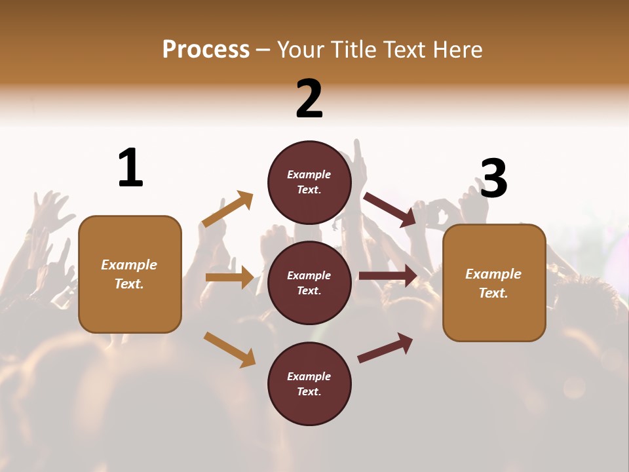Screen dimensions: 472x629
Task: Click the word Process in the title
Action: pyautogui.click(x=206, y=49)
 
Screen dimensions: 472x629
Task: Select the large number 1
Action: pyautogui.click(x=130, y=168)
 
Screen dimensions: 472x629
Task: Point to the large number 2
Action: pyautogui.click(x=309, y=99)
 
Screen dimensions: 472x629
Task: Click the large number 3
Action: pyautogui.click(x=493, y=179)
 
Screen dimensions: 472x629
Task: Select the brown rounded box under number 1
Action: pyautogui.click(x=130, y=274)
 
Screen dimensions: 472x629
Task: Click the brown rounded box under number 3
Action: pyautogui.click(x=494, y=283)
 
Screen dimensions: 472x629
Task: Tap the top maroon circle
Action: pyautogui.click(x=309, y=182)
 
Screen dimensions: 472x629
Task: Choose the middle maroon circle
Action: pyautogui.click(x=309, y=283)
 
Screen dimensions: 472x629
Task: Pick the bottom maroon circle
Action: pyautogui.click(x=309, y=383)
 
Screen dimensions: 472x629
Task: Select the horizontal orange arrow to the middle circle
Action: pyautogui.click(x=229, y=277)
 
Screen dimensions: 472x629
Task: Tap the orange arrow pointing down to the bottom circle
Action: pyautogui.click(x=229, y=349)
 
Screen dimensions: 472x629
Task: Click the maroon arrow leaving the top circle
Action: pyautogui.click(x=390, y=209)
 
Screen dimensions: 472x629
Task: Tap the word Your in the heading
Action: pyautogui.click(x=298, y=49)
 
